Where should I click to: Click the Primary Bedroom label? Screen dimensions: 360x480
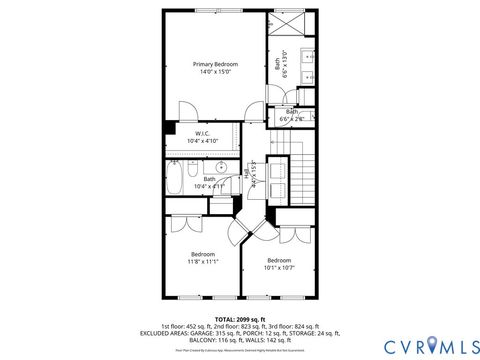click(216, 64)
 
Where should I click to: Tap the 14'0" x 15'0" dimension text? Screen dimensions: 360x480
click(216, 72)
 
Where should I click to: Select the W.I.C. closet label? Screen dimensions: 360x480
click(201, 134)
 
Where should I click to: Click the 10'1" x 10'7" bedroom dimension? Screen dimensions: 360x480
click(279, 268)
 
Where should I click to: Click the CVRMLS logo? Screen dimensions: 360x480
click(405, 344)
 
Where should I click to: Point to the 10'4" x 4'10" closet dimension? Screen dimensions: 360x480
click(201, 142)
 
